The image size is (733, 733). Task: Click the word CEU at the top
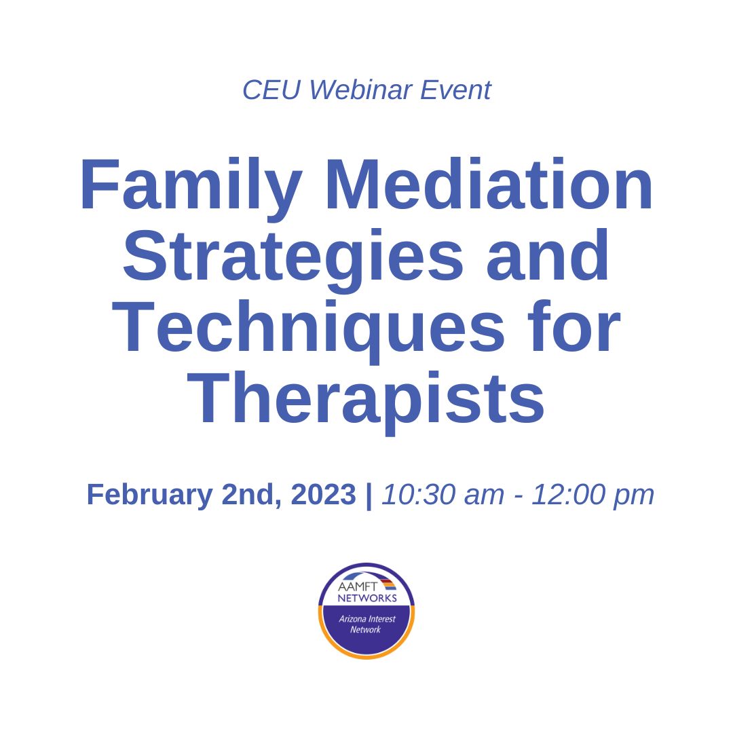coord(271,90)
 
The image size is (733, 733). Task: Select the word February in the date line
coord(149,495)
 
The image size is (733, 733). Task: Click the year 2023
coord(323,495)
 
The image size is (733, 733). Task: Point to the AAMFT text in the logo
coord(358,586)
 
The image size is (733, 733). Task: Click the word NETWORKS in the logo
coord(367,598)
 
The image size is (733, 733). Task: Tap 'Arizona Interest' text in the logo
coord(367,619)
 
